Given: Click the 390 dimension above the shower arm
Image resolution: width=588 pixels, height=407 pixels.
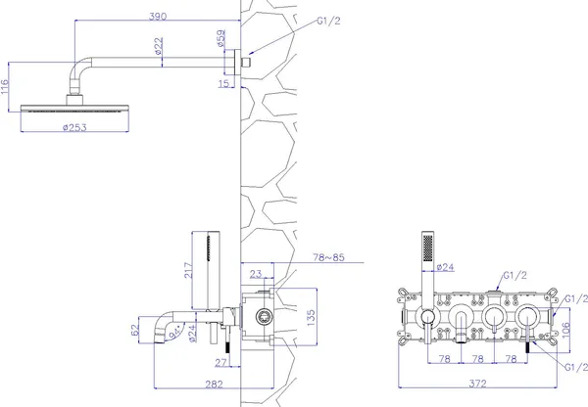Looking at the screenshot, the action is click(x=158, y=17).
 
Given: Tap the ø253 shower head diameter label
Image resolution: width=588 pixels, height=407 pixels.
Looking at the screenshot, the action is click(x=74, y=127).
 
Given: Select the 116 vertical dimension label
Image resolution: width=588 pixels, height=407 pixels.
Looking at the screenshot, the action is click(x=5, y=87).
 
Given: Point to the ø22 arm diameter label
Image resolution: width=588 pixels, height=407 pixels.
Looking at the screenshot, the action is click(x=159, y=45).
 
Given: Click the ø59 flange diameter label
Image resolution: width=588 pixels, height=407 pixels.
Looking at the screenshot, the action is click(x=221, y=38).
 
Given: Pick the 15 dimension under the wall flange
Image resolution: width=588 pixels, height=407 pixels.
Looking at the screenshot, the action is click(x=223, y=83).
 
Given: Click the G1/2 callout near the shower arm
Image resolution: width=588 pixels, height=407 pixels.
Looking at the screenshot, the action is click(x=329, y=21).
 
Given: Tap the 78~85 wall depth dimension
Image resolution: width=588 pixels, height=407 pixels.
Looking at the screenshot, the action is click(x=328, y=257).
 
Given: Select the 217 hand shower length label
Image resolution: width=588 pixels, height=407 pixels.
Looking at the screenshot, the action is click(x=188, y=270).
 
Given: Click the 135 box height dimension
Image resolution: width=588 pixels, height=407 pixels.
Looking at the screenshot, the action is click(x=311, y=317).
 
